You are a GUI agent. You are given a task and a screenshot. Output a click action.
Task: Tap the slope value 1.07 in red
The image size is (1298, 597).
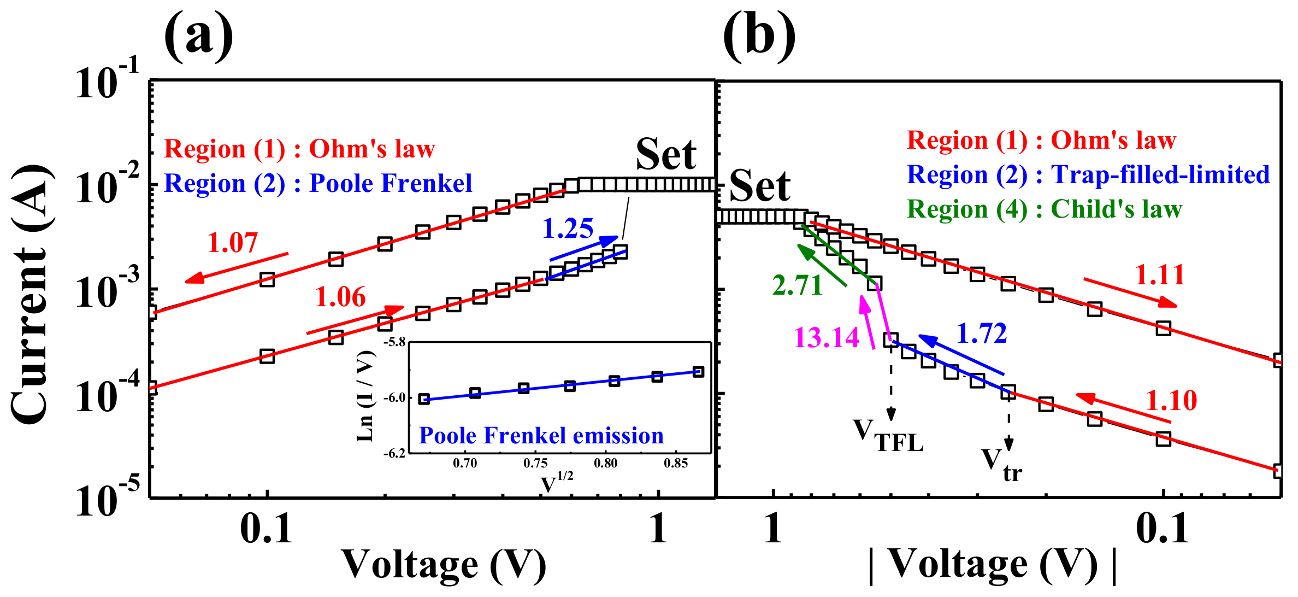[232, 242]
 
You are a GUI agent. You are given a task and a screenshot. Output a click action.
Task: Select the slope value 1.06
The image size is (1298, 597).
[340, 297]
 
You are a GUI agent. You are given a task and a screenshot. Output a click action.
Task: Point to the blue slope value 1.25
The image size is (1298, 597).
[567, 228]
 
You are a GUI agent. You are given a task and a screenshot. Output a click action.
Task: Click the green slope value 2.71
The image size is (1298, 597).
[797, 285]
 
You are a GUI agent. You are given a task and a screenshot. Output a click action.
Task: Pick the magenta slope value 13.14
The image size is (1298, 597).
[826, 337]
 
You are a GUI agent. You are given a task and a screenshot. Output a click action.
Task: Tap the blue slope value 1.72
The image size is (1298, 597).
[981, 333]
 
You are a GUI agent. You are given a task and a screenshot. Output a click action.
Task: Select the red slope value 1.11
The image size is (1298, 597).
[1159, 274]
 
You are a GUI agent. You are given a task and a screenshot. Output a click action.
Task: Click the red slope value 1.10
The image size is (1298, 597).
[1171, 400]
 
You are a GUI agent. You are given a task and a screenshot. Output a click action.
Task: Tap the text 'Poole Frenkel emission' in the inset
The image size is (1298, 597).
[541, 436]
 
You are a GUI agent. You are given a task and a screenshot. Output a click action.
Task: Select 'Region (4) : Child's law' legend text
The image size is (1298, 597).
[1044, 209]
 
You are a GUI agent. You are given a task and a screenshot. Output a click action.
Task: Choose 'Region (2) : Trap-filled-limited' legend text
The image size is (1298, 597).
[1088, 174]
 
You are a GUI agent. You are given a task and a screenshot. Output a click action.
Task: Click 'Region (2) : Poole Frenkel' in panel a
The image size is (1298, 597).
[318, 183]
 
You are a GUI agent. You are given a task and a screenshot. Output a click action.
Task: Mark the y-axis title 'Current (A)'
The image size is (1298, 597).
[32, 295]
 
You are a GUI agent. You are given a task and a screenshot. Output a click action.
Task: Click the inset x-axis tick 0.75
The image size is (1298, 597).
[535, 464]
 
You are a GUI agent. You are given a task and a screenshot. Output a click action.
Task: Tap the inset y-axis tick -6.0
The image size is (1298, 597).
[394, 397]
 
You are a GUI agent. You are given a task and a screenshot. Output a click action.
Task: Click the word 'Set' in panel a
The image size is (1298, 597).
[665, 154]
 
